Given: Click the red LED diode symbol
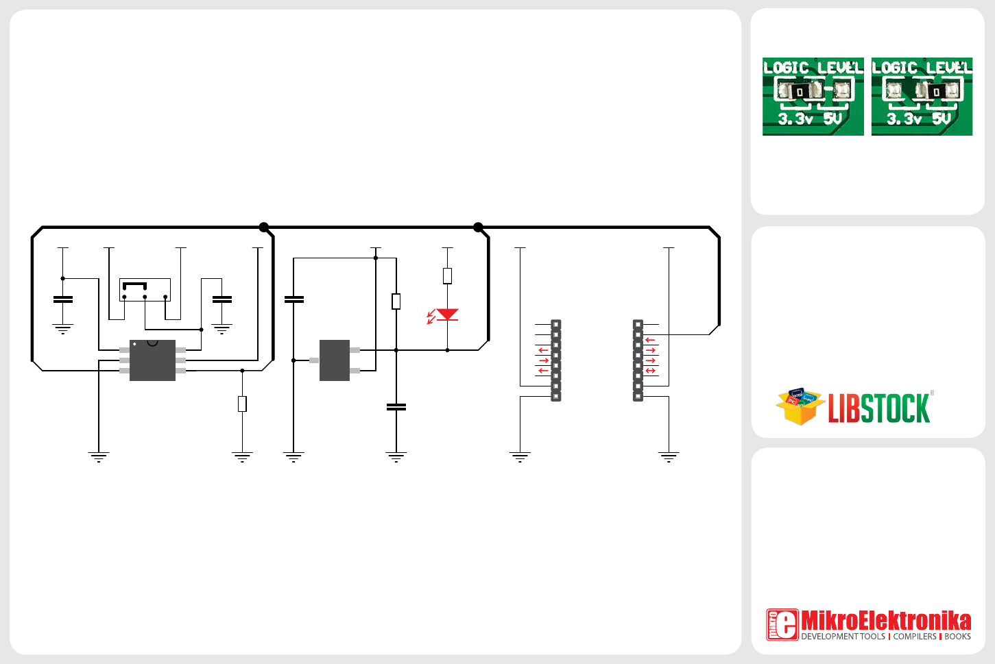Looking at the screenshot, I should click(447, 315).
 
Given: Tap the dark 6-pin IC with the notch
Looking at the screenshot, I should click(152, 360).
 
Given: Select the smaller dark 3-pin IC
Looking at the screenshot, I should click(335, 360).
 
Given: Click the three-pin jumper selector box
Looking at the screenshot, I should click(145, 290).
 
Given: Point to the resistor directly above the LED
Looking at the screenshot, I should click(447, 275).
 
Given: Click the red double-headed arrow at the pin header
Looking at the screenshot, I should click(650, 371).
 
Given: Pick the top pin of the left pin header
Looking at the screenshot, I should click(556, 324).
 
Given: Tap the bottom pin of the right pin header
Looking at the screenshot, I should click(638, 396).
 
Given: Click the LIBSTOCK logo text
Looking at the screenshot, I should click(879, 409).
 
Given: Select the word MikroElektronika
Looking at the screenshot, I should click(886, 620).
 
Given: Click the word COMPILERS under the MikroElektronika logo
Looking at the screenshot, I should click(915, 637).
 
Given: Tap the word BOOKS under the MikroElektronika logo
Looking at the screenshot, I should click(957, 637).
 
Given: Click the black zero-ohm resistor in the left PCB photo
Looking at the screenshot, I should click(800, 91).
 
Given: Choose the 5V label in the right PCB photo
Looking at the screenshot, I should click(942, 119).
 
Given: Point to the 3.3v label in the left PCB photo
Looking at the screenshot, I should click(795, 119).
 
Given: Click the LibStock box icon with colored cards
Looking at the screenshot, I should click(799, 406).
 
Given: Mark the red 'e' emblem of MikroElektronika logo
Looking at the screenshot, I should click(782, 624).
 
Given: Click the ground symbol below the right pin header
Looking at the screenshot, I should click(669, 456).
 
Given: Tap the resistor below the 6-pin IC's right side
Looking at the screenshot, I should click(242, 404).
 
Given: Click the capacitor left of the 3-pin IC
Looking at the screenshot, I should click(293, 299).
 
